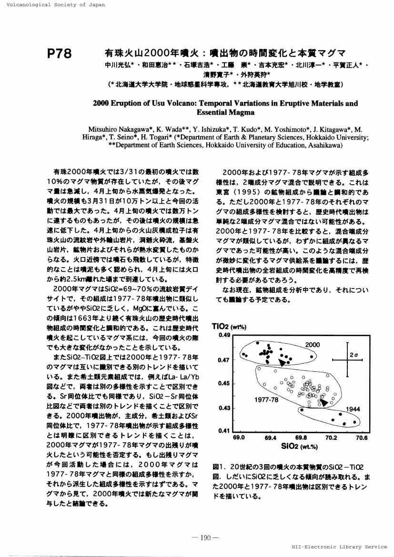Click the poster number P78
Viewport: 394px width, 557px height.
(60, 53)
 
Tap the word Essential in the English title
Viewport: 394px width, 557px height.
(214, 113)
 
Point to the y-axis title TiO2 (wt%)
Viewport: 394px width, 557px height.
(228, 327)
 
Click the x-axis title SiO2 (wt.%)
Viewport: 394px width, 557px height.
(300, 446)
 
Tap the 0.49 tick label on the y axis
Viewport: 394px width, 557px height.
(224, 335)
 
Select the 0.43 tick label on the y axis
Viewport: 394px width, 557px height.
(224, 408)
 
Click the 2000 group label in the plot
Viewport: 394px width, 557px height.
(312, 345)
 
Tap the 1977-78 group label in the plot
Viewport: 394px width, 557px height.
(266, 400)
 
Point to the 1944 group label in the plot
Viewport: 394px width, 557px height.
(353, 409)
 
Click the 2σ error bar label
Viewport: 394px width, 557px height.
(354, 355)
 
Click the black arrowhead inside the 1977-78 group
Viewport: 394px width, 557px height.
(324, 403)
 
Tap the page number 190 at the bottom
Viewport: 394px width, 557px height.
(205, 538)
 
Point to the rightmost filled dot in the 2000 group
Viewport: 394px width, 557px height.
(312, 356)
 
